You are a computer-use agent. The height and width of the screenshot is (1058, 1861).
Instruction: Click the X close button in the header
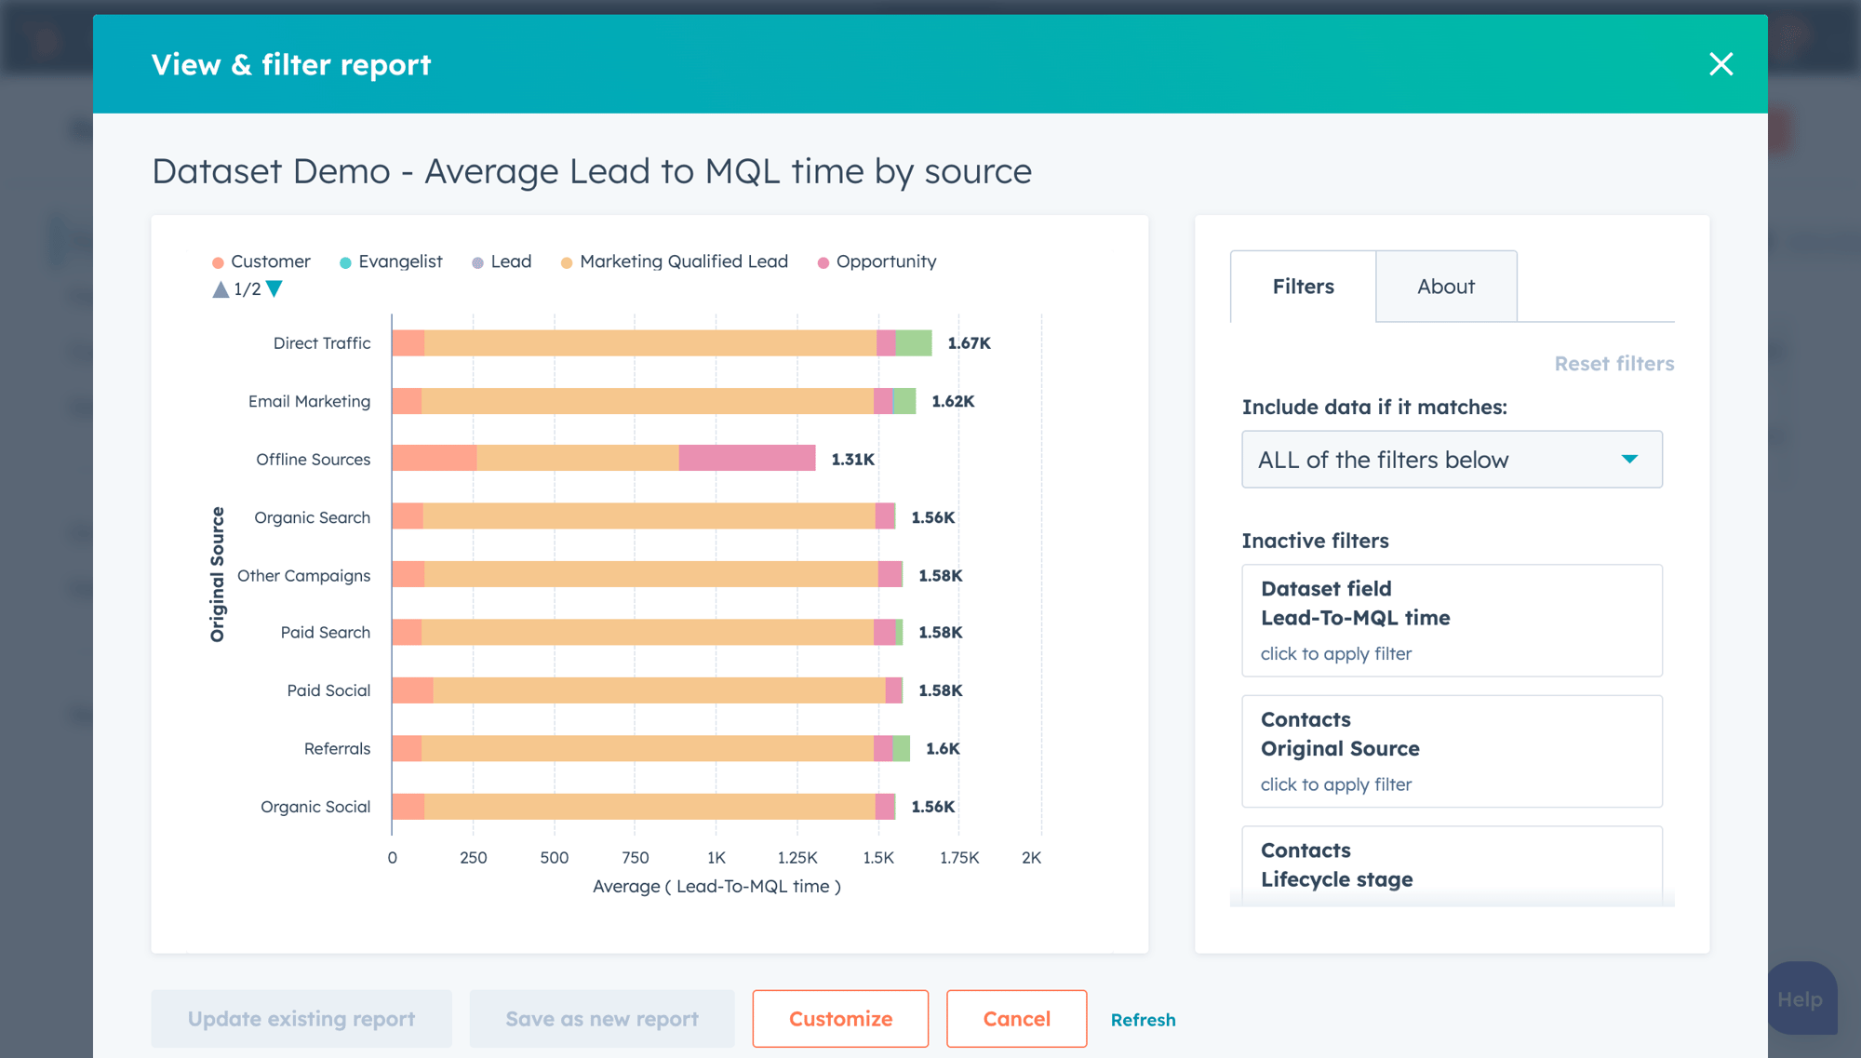coord(1720,64)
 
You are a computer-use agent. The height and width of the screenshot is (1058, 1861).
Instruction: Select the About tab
coord(1445,287)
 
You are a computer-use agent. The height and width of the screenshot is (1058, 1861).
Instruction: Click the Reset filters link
coord(1613,364)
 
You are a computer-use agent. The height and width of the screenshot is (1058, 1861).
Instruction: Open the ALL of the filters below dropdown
coord(1451,460)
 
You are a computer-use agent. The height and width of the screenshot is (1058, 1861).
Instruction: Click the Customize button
coord(839,1019)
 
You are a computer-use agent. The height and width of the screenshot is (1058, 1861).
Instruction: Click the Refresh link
coord(1143,1020)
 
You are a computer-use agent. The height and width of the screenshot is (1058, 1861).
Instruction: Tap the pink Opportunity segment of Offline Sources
coord(746,459)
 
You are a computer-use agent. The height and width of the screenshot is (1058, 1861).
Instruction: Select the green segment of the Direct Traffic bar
coord(913,343)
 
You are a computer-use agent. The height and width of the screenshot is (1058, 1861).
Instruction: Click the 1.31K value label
coord(852,460)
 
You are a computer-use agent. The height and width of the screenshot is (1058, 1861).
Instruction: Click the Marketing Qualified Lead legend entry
coord(683,261)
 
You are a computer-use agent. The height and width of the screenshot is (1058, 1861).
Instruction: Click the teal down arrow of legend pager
coord(274,289)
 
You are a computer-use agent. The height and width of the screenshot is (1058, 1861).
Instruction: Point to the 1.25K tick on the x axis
coord(797,858)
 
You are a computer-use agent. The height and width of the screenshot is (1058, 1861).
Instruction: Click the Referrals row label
coord(337,749)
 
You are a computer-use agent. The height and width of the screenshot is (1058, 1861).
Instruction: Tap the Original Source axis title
coord(218,574)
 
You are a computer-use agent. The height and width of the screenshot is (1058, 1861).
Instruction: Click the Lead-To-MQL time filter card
coord(1451,620)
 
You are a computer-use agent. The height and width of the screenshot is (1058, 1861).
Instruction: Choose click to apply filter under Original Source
coord(1335,784)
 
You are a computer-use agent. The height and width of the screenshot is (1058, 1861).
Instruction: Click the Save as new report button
coord(601,1019)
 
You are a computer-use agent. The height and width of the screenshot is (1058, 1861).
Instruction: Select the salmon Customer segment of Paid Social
coord(412,690)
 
